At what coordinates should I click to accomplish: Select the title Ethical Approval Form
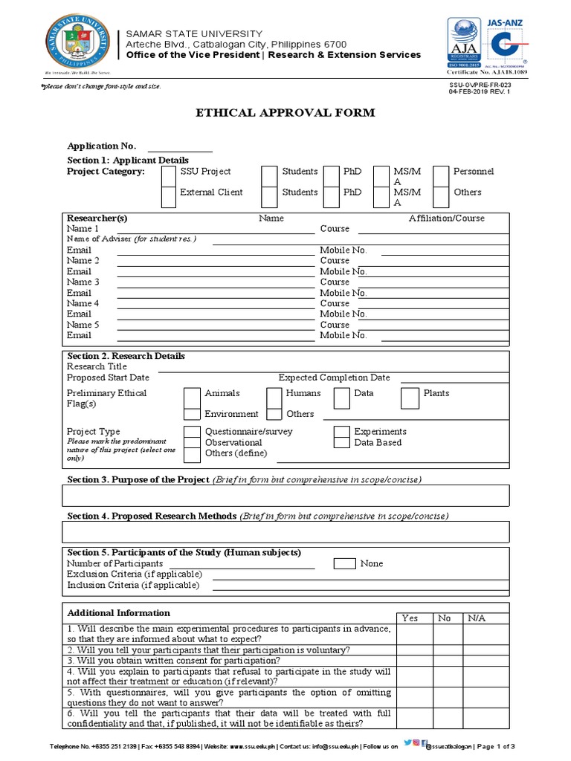(285, 113)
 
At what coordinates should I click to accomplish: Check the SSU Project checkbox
(169, 175)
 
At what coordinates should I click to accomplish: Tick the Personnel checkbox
(440, 175)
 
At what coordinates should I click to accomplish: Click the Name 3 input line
(216, 282)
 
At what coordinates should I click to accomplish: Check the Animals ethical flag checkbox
(192, 398)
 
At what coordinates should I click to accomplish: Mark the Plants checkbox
(410, 398)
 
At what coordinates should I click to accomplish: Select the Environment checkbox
(192, 415)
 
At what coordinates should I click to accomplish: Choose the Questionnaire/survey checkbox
(192, 432)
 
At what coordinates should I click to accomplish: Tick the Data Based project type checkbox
(341, 443)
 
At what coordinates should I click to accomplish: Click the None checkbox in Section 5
(344, 563)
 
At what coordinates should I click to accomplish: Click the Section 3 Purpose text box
(286, 495)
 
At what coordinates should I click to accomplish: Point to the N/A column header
(476, 618)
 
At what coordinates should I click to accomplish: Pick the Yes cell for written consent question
(410, 660)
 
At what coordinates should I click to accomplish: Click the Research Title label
(97, 366)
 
